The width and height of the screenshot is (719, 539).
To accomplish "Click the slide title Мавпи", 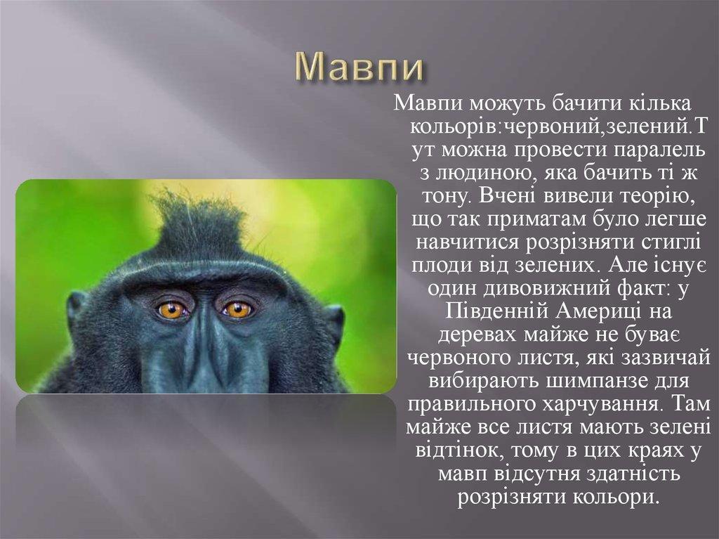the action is tap(359, 67).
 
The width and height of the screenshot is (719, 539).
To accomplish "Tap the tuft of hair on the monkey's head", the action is tap(198, 225).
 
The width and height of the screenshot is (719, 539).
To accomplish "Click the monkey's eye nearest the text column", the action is tap(238, 309).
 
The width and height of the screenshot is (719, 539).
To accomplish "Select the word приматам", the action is tap(534, 219).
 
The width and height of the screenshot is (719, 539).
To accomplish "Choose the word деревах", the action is tap(477, 335).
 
